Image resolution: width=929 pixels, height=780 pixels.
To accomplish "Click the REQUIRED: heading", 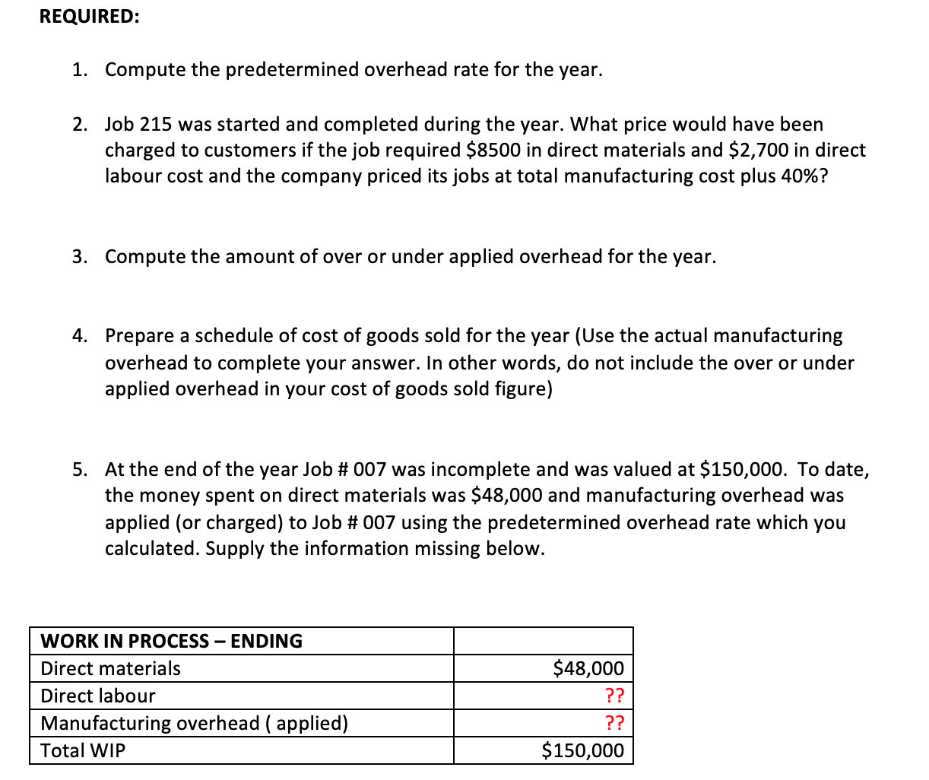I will pos(89,17).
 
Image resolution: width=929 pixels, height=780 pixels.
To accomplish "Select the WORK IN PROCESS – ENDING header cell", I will pos(172,641).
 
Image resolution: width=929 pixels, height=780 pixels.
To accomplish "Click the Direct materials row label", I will pos(111,668).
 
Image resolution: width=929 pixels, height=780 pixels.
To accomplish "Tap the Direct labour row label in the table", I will pos(98,696).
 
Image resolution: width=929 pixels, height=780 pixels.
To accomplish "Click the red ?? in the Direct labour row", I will pos(614,696).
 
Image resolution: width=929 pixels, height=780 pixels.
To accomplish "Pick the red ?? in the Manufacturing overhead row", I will pos(614,723).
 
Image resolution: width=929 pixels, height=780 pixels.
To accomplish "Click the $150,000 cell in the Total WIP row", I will pos(582,751).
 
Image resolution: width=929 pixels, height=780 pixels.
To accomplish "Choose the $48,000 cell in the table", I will pos(588,668).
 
